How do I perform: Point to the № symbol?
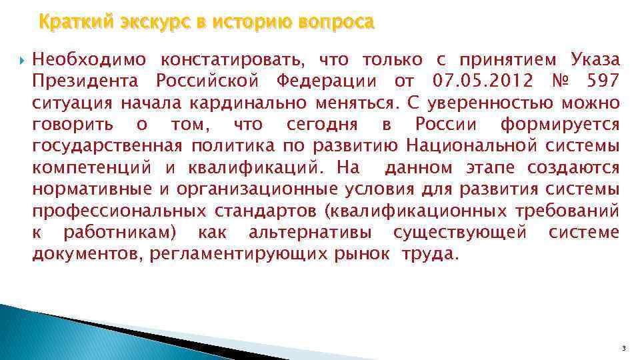coord(561,81)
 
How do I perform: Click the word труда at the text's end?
coord(429,254)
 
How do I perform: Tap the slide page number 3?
coord(622,348)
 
